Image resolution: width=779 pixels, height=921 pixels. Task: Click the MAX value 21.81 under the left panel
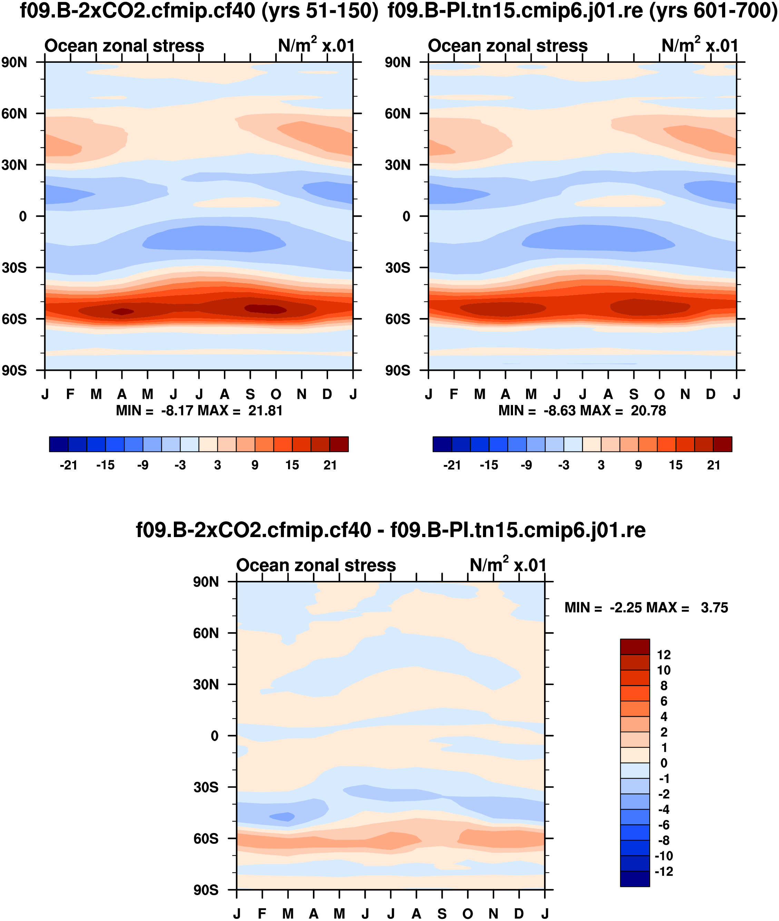(265, 410)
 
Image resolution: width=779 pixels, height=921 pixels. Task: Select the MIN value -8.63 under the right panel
(560, 410)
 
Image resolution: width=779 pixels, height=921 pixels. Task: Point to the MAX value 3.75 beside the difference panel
(714, 607)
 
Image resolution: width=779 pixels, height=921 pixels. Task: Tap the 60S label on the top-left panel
(14, 319)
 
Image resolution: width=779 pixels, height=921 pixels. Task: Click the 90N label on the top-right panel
(397, 62)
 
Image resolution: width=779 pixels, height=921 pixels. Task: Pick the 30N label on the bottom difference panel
(206, 684)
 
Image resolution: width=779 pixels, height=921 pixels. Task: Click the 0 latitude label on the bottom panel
(215, 736)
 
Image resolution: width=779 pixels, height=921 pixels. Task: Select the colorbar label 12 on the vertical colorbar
(664, 654)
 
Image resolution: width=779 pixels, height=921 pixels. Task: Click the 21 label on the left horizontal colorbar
(330, 465)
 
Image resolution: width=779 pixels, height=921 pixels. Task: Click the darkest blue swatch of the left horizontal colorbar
(59, 444)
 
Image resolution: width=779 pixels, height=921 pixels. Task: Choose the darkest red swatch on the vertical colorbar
(634, 646)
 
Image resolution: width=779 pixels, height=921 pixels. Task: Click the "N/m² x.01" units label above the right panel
(700, 45)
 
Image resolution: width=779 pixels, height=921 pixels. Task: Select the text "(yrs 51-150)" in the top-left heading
(320, 11)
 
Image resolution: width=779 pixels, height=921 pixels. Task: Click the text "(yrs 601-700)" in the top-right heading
(713, 11)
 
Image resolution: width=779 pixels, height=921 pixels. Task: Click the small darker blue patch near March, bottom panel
(282, 816)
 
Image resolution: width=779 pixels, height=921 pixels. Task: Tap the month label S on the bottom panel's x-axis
(442, 913)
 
